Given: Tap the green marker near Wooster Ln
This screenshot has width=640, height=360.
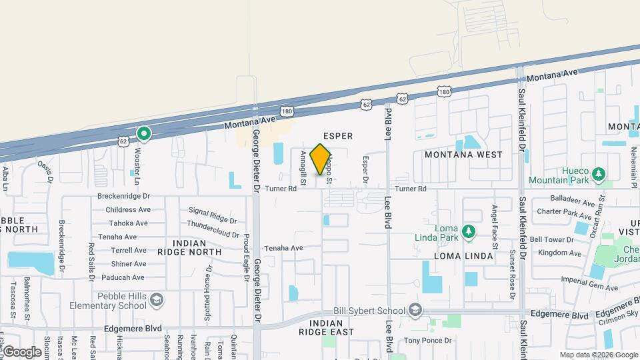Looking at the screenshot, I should coord(143,135).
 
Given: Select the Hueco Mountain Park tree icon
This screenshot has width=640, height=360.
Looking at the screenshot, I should coord(599,175).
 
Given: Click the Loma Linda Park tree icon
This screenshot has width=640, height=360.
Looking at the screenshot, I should coord(469,231).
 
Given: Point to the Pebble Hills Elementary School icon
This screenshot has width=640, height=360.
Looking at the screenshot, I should coord(156,299).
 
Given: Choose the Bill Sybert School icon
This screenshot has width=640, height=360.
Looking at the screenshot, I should coord(415,311).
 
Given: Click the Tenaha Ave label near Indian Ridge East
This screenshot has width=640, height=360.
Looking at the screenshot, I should coord(283,248).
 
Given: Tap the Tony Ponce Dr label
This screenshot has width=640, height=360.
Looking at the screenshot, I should coord(428,341).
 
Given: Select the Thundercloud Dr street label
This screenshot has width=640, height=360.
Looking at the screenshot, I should coord(213,224).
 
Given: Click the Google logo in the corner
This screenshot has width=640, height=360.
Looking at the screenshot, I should coord(22,352).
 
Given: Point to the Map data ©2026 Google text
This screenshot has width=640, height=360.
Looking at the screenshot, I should coord(598,355).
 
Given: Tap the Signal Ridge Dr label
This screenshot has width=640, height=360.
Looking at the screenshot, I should coord(213,215).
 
